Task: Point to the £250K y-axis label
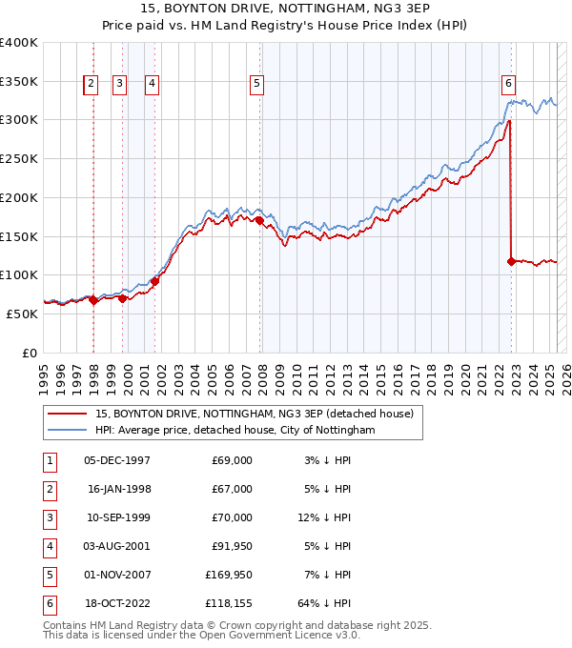tap(19, 158)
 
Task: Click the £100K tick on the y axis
tap(19, 274)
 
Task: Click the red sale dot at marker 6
tap(512, 260)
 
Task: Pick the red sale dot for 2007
tap(259, 221)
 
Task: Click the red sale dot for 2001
tap(154, 281)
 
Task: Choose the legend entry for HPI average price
tap(235, 431)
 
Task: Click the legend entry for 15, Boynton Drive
tap(254, 415)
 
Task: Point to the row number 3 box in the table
tap(49, 518)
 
